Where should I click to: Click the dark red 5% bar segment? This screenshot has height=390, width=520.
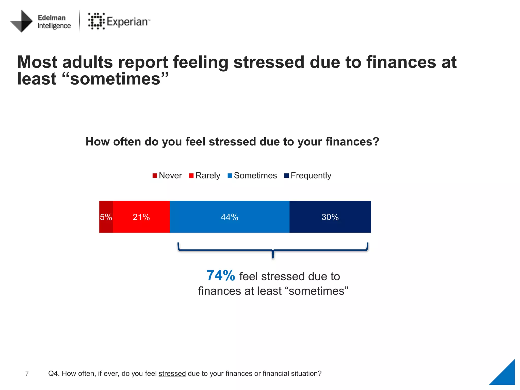pyautogui.click(x=106, y=217)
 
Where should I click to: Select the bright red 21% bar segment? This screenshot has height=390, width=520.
pyautogui.click(x=141, y=217)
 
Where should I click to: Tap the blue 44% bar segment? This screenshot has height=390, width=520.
pyautogui.click(x=230, y=217)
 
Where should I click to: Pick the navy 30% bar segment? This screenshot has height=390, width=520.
pyautogui.click(x=330, y=217)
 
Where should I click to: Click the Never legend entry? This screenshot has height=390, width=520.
pyautogui.click(x=167, y=175)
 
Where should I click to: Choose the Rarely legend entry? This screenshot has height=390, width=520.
pyautogui.click(x=205, y=175)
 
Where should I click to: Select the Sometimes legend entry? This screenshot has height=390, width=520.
pyautogui.click(x=252, y=175)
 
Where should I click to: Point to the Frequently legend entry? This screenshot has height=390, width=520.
pyautogui.click(x=308, y=175)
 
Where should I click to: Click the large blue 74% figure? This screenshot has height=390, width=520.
pyautogui.click(x=221, y=276)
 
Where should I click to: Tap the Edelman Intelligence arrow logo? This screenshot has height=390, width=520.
pyautogui.click(x=22, y=21)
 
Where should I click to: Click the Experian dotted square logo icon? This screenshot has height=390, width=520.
pyautogui.click(x=96, y=21)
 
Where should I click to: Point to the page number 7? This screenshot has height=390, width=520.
pyautogui.click(x=27, y=374)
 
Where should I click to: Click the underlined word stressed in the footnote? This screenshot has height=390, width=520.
pyautogui.click(x=172, y=373)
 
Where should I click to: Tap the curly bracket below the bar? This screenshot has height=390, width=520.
pyautogui.click(x=273, y=250)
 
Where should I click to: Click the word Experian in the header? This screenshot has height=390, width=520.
pyautogui.click(x=127, y=22)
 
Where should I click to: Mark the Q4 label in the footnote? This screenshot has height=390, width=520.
pyautogui.click(x=54, y=373)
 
